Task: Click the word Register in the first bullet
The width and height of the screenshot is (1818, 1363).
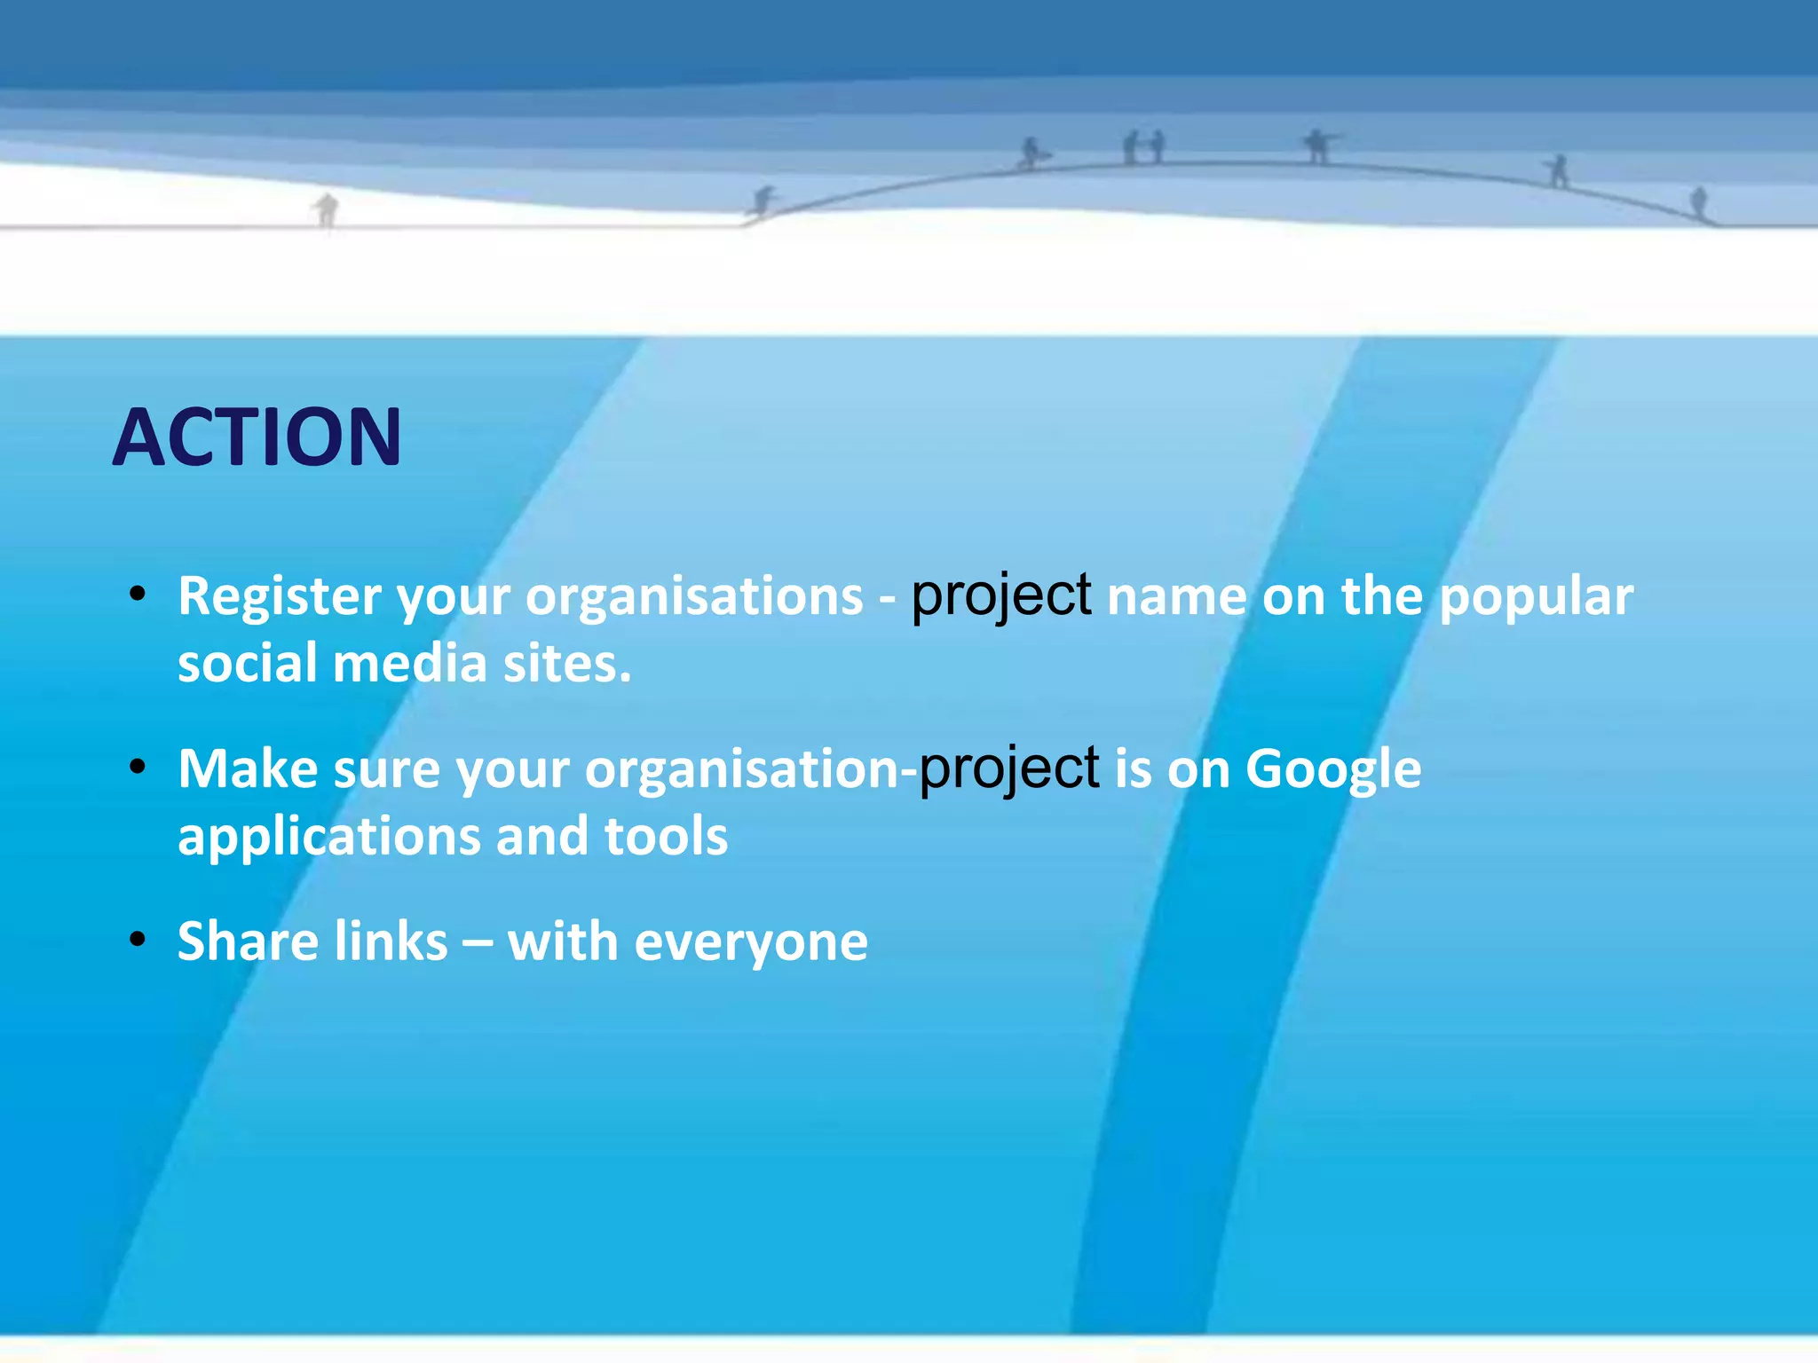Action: [x=280, y=596]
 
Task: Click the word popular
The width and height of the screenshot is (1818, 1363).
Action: [x=1536, y=596]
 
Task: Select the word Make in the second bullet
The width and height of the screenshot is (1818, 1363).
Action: [x=248, y=768]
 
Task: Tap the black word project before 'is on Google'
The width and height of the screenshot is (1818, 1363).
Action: [x=1008, y=768]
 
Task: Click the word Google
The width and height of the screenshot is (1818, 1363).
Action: [x=1332, y=768]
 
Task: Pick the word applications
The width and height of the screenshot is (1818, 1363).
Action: [x=329, y=836]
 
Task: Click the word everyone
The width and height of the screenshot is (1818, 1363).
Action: [x=751, y=942]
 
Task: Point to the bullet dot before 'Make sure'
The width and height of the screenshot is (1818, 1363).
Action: [x=137, y=767]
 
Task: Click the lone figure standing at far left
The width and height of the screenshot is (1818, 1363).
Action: [x=327, y=209]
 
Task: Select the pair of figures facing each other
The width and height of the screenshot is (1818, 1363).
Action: [x=1143, y=147]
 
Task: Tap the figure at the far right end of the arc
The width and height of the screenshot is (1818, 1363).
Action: [x=1699, y=202]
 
